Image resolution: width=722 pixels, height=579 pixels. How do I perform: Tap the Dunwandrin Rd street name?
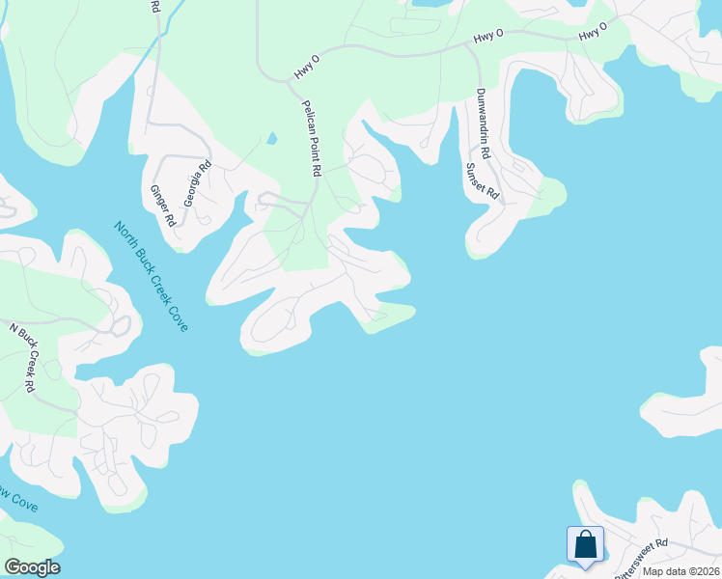point(482,124)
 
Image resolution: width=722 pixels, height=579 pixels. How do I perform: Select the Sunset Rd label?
point(482,180)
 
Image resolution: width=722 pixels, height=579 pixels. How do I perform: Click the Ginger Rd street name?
point(162,205)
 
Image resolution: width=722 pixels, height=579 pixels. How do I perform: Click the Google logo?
point(32,567)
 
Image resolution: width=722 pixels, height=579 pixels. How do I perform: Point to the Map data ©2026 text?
point(681,571)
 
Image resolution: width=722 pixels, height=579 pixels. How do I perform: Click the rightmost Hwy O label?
point(593,32)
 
